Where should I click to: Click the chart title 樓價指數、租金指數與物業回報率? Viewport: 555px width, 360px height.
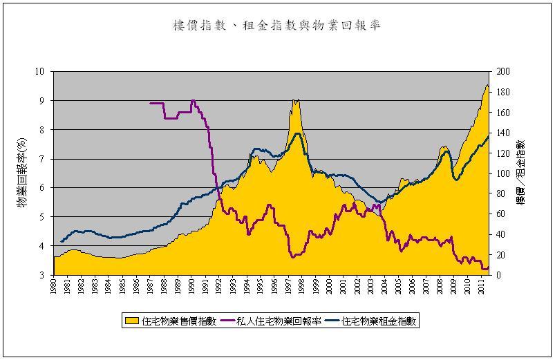pyautogui.click(x=276, y=26)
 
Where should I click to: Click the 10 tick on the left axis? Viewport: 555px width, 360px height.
pyautogui.click(x=39, y=71)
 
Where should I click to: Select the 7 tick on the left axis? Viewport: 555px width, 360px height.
pyautogui.click(x=41, y=159)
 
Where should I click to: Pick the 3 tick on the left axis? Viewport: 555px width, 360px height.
pyautogui.click(x=41, y=275)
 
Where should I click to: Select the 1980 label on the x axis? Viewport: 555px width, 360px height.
pyautogui.click(x=54, y=287)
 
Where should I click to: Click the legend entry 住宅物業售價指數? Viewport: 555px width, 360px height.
pyautogui.click(x=180, y=321)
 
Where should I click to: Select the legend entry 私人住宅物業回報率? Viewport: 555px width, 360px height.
pyautogui.click(x=282, y=321)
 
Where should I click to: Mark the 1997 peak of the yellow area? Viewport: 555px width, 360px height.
pyautogui.click(x=296, y=100)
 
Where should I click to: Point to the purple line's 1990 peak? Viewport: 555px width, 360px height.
pyautogui.click(x=193, y=101)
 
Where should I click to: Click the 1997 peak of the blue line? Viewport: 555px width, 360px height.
pyautogui.click(x=297, y=133)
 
